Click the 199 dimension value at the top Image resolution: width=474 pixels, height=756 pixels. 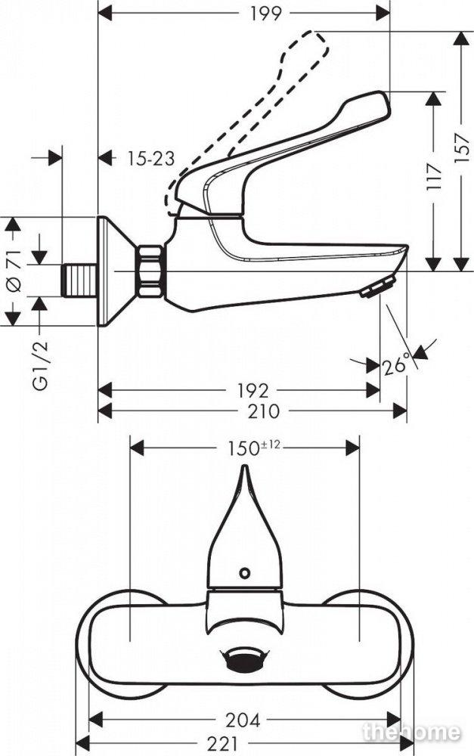click(265, 13)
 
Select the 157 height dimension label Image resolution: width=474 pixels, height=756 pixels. click(461, 147)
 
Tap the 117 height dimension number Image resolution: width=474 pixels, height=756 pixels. click(434, 178)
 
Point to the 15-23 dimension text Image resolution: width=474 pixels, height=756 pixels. click(151, 158)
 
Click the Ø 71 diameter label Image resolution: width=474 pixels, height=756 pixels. click(14, 271)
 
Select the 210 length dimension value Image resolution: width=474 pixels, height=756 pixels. click(263, 411)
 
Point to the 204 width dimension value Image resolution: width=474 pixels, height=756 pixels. click(243, 720)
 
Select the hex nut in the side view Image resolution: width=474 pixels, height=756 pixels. click(150, 271)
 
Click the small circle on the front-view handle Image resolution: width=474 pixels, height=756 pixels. click(245, 573)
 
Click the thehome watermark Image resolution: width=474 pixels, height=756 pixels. click(411, 733)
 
